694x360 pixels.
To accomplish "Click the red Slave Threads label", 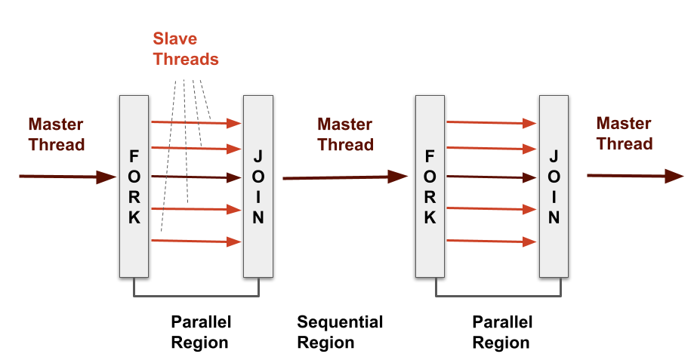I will tap(186, 48).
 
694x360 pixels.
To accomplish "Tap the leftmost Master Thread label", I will tap(57, 134).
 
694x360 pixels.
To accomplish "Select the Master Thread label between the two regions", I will tap(345, 134).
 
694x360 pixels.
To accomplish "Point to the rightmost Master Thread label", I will tap(625, 134).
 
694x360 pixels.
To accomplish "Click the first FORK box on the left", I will tap(134, 186).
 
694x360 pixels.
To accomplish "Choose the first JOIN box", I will tap(258, 186).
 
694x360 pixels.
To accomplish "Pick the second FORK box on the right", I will tap(430, 186).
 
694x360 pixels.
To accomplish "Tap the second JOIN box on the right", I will tap(554, 186).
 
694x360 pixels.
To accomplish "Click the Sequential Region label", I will tap(340, 332).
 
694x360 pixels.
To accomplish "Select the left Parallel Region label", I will tap(200, 332).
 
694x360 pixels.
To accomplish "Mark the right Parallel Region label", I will tap(502, 332).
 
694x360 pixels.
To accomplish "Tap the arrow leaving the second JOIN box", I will tap(634, 176).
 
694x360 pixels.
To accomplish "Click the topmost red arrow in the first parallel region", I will tap(195, 122).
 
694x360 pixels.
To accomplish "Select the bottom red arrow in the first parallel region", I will tap(195, 241).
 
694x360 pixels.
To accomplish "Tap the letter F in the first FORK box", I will tap(134, 157).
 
